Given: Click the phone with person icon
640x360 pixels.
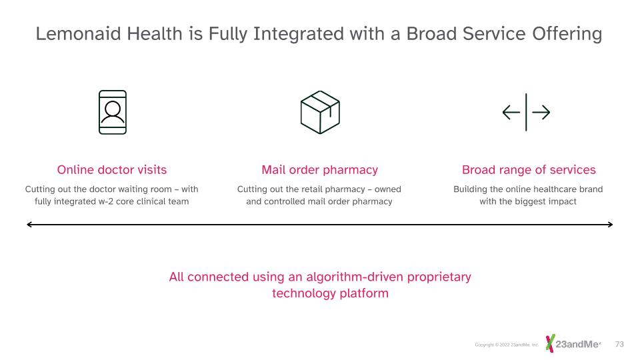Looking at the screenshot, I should (x=112, y=112).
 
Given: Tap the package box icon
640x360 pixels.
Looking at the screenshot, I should (x=320, y=111).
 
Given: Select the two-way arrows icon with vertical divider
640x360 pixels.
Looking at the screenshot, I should (x=526, y=112).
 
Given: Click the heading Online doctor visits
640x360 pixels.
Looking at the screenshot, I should (x=112, y=169).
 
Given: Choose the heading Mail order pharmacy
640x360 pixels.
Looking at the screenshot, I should (x=319, y=169).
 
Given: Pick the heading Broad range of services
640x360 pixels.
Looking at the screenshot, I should (x=529, y=169).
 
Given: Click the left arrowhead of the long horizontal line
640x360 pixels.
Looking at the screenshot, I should (x=29, y=225).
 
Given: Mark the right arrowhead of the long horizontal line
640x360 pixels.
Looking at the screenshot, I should (x=610, y=225).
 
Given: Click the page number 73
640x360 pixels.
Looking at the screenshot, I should (x=619, y=344).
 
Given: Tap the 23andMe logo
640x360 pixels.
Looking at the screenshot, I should (x=572, y=343).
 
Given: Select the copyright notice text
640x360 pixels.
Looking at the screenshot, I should (x=506, y=345).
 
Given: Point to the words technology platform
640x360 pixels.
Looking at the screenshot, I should (x=330, y=293).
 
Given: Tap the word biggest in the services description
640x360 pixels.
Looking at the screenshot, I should (x=535, y=201).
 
